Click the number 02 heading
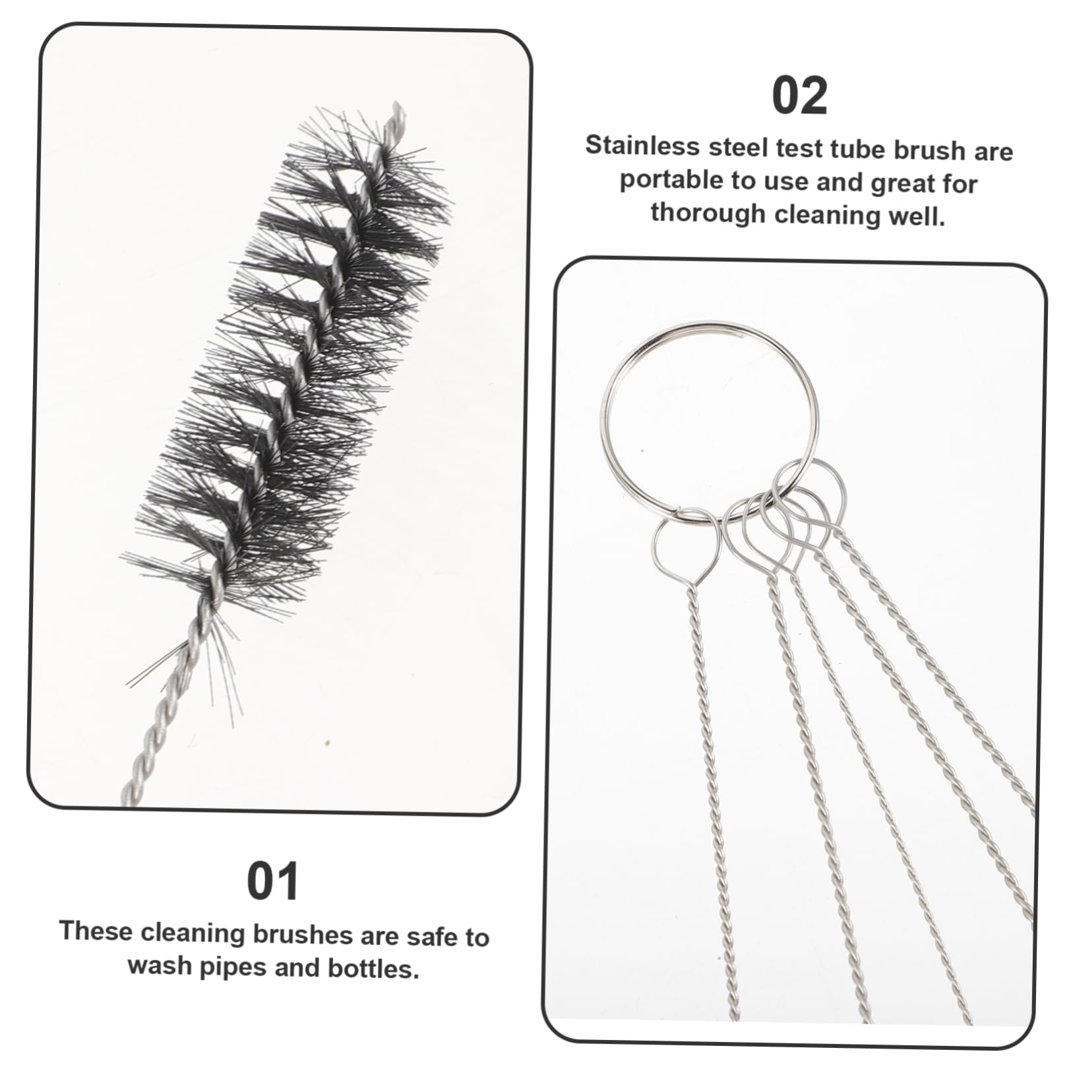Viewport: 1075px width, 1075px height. (799, 97)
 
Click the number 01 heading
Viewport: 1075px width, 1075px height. (272, 881)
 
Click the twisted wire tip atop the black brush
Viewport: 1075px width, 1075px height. (394, 113)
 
